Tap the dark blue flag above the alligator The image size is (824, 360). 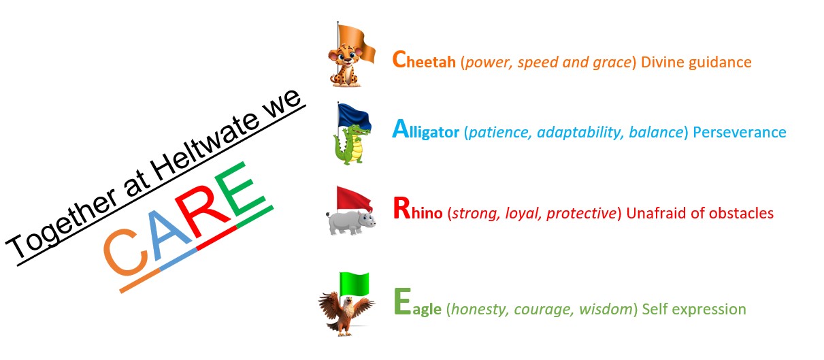354,117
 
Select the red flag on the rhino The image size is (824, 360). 354,199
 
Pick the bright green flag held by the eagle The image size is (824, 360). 354,284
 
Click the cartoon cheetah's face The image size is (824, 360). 346,56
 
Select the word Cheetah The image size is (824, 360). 424,60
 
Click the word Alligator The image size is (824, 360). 426,130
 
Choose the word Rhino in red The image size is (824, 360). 418,210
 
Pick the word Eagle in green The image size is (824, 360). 418,304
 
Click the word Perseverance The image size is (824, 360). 740,132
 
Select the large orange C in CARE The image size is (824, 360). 126,252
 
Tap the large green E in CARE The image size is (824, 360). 239,190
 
